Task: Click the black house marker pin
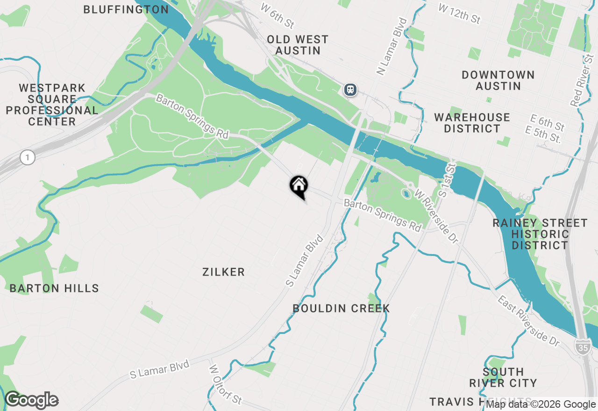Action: [299, 186]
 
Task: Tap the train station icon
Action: [350, 90]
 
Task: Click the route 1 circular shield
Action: [28, 158]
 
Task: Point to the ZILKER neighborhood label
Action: [223, 272]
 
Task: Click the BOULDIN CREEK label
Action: [341, 308]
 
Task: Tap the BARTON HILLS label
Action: [54, 288]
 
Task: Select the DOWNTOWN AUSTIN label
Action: [498, 80]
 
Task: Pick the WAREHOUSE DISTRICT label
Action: [472, 123]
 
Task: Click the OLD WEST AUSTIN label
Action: [298, 45]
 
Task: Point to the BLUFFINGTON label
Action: [126, 9]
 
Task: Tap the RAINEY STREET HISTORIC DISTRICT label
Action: [540, 234]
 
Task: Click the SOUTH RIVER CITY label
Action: [503, 377]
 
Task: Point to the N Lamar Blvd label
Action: [392, 46]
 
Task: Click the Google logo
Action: [32, 400]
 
